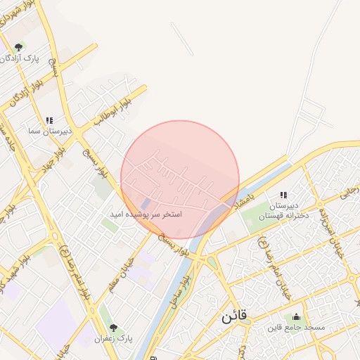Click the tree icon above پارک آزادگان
click(18, 48)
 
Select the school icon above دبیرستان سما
click(49, 121)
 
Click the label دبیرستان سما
click(41, 131)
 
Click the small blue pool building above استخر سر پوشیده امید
click(146, 203)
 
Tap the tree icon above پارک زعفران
click(113, 328)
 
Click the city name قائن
click(234, 316)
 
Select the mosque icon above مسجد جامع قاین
click(296, 317)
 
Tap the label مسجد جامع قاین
click(296, 328)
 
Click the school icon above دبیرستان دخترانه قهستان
click(283, 195)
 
